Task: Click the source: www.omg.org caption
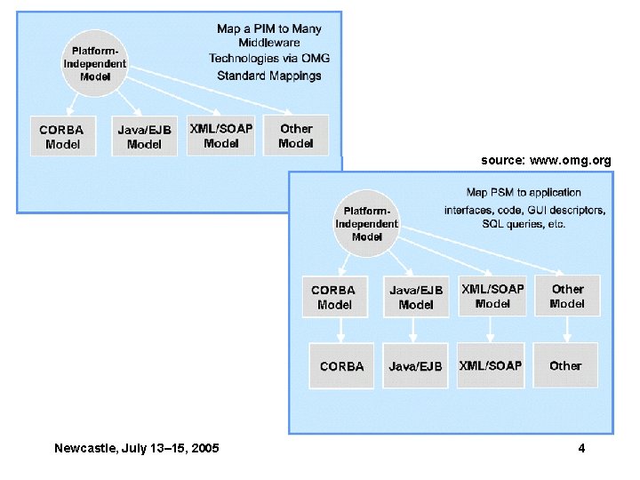click(546, 161)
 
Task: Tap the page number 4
click(581, 448)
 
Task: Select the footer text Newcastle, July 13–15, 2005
click(137, 448)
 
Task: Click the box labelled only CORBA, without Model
click(342, 365)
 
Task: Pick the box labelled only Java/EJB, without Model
click(415, 365)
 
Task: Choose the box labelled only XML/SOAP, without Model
click(491, 365)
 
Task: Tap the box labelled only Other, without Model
click(565, 365)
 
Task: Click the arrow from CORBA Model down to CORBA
click(342, 330)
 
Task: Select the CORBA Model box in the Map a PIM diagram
click(62, 136)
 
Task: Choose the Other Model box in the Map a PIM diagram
click(296, 135)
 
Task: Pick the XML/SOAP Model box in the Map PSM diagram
click(492, 295)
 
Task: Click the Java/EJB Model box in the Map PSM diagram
click(416, 297)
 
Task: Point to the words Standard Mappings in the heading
click(269, 76)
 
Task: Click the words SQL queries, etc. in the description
click(525, 225)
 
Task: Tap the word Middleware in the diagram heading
click(269, 43)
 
